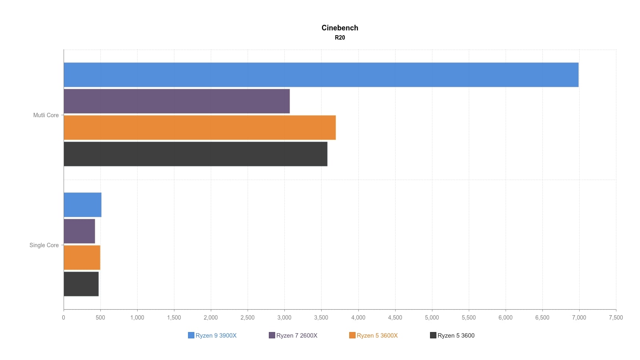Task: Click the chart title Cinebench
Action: tap(340, 28)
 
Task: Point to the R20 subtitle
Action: tap(340, 38)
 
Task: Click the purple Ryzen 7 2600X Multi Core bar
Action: tap(176, 101)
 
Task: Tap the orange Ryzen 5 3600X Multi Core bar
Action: tap(200, 128)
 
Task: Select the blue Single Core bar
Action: tap(82, 205)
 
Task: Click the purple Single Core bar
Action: tap(79, 231)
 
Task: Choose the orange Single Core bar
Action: tap(82, 258)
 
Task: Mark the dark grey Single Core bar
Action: tap(81, 284)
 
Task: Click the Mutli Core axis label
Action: tap(46, 115)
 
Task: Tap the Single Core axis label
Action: tap(44, 245)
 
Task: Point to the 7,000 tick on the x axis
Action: tap(579, 318)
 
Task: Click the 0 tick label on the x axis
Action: tap(64, 318)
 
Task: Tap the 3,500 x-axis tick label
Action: tap(321, 318)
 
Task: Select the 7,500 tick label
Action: tap(616, 318)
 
